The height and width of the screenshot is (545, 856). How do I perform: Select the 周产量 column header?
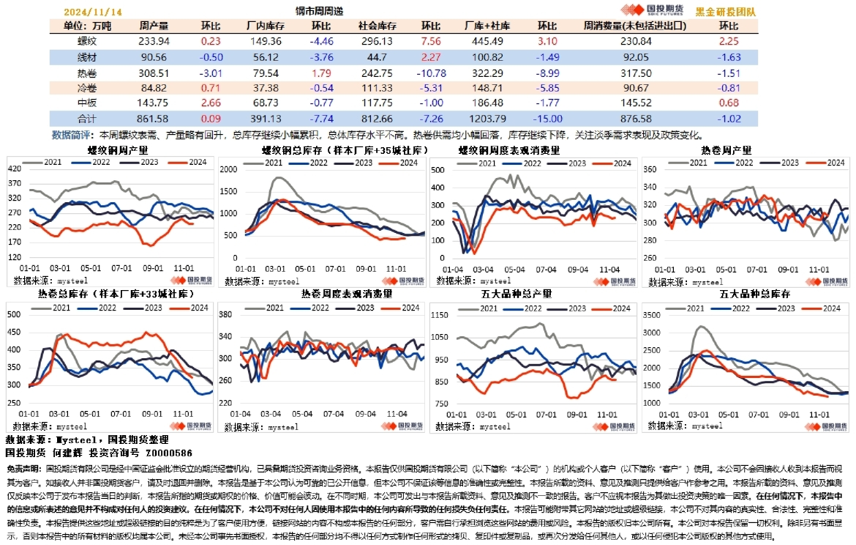tap(154, 26)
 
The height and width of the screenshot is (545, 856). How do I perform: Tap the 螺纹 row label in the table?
tap(86, 42)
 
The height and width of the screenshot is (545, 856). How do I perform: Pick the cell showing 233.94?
tap(154, 42)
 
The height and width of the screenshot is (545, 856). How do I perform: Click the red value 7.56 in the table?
tap(431, 42)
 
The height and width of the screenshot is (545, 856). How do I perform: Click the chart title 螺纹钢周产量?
tap(118, 150)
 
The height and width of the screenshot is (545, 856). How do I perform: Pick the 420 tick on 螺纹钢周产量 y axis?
tap(14, 169)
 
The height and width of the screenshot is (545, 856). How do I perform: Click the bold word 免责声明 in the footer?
tap(23, 467)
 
